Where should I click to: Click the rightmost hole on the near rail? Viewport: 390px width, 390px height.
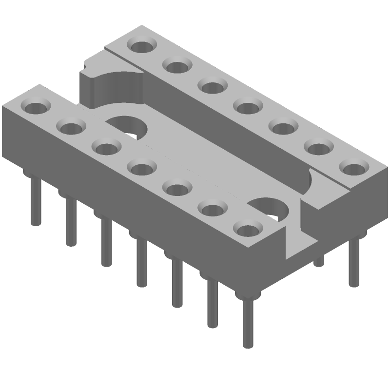[247, 228]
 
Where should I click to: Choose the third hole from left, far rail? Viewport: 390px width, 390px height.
[211, 86]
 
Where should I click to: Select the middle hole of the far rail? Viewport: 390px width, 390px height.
[247, 106]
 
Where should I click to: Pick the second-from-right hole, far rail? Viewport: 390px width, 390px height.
[317, 146]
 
